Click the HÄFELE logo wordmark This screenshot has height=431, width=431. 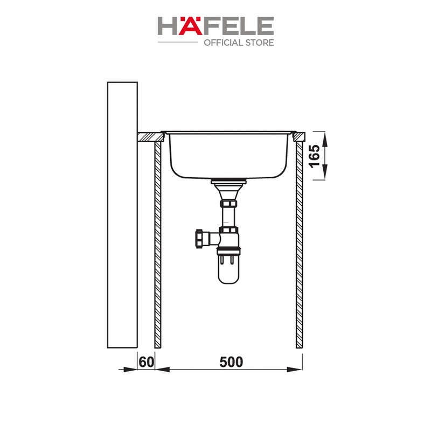[x=215, y=26]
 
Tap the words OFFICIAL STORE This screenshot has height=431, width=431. [x=239, y=43]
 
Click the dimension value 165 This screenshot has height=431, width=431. [x=315, y=156]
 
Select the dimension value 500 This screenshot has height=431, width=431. [x=231, y=362]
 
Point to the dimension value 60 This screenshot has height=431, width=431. [x=146, y=362]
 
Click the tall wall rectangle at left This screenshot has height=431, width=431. [x=122, y=215]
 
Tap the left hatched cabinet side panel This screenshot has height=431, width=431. [x=158, y=245]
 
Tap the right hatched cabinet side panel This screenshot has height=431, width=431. [x=300, y=245]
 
